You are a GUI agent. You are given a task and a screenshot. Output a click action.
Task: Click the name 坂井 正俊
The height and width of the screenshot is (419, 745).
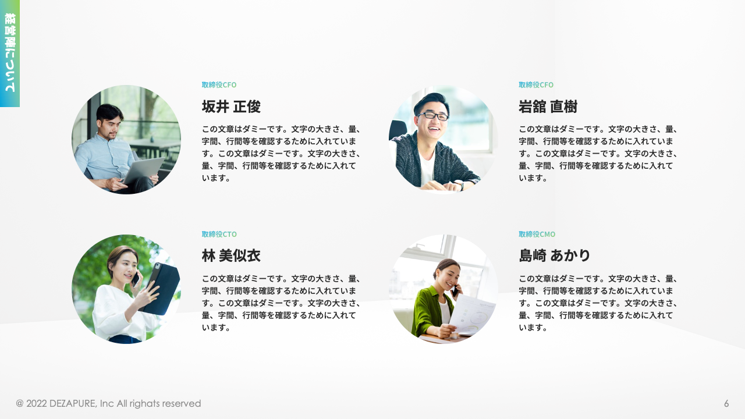tap(231, 106)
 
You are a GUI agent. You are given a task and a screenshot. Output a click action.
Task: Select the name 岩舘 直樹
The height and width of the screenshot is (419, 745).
tap(548, 106)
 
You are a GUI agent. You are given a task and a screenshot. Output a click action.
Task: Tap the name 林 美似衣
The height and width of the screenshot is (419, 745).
tap(231, 255)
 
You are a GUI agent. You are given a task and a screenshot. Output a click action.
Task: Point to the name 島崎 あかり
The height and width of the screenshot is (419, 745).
tap(555, 255)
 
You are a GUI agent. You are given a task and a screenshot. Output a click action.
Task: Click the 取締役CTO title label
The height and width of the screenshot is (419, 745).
tap(219, 234)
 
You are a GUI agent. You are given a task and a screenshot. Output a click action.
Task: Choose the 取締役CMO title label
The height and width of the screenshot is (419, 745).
tap(537, 234)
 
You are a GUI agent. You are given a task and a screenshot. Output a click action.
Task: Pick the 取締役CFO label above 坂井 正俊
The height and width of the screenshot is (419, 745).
tap(219, 85)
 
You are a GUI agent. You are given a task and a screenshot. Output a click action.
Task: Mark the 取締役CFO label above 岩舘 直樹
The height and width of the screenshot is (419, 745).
tap(536, 85)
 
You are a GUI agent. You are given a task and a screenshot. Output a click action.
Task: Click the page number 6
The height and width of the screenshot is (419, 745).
tap(726, 403)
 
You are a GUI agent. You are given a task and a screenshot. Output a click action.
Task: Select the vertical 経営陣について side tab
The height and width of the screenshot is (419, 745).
tap(10, 52)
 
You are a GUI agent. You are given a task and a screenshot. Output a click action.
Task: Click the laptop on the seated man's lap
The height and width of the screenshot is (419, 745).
tap(143, 171)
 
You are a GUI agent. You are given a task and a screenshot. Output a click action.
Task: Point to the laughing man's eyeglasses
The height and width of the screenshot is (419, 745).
tap(432, 116)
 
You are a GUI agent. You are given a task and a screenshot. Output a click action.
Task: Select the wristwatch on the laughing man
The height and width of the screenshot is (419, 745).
tap(460, 184)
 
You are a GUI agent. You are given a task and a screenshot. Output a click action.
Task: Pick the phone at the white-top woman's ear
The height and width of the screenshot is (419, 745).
tap(136, 279)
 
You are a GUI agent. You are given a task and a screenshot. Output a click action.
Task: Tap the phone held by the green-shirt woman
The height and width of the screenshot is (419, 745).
tap(455, 290)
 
